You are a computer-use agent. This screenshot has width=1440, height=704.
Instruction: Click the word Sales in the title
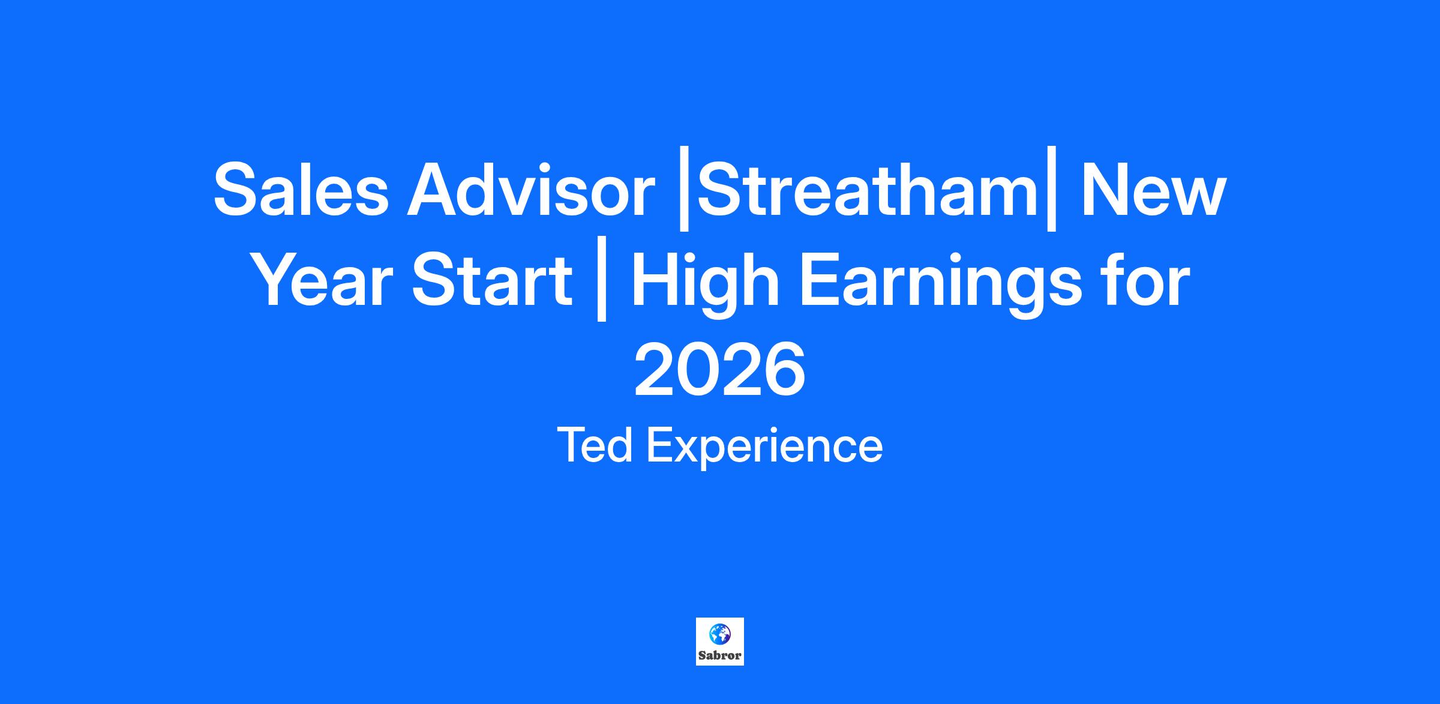click(x=301, y=190)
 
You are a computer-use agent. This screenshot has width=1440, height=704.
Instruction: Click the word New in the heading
click(x=1152, y=190)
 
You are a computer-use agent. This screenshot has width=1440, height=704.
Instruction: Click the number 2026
click(x=720, y=370)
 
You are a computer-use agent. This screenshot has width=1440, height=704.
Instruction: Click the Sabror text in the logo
click(x=719, y=655)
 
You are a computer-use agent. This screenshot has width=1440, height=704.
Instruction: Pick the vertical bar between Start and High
click(x=602, y=284)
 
